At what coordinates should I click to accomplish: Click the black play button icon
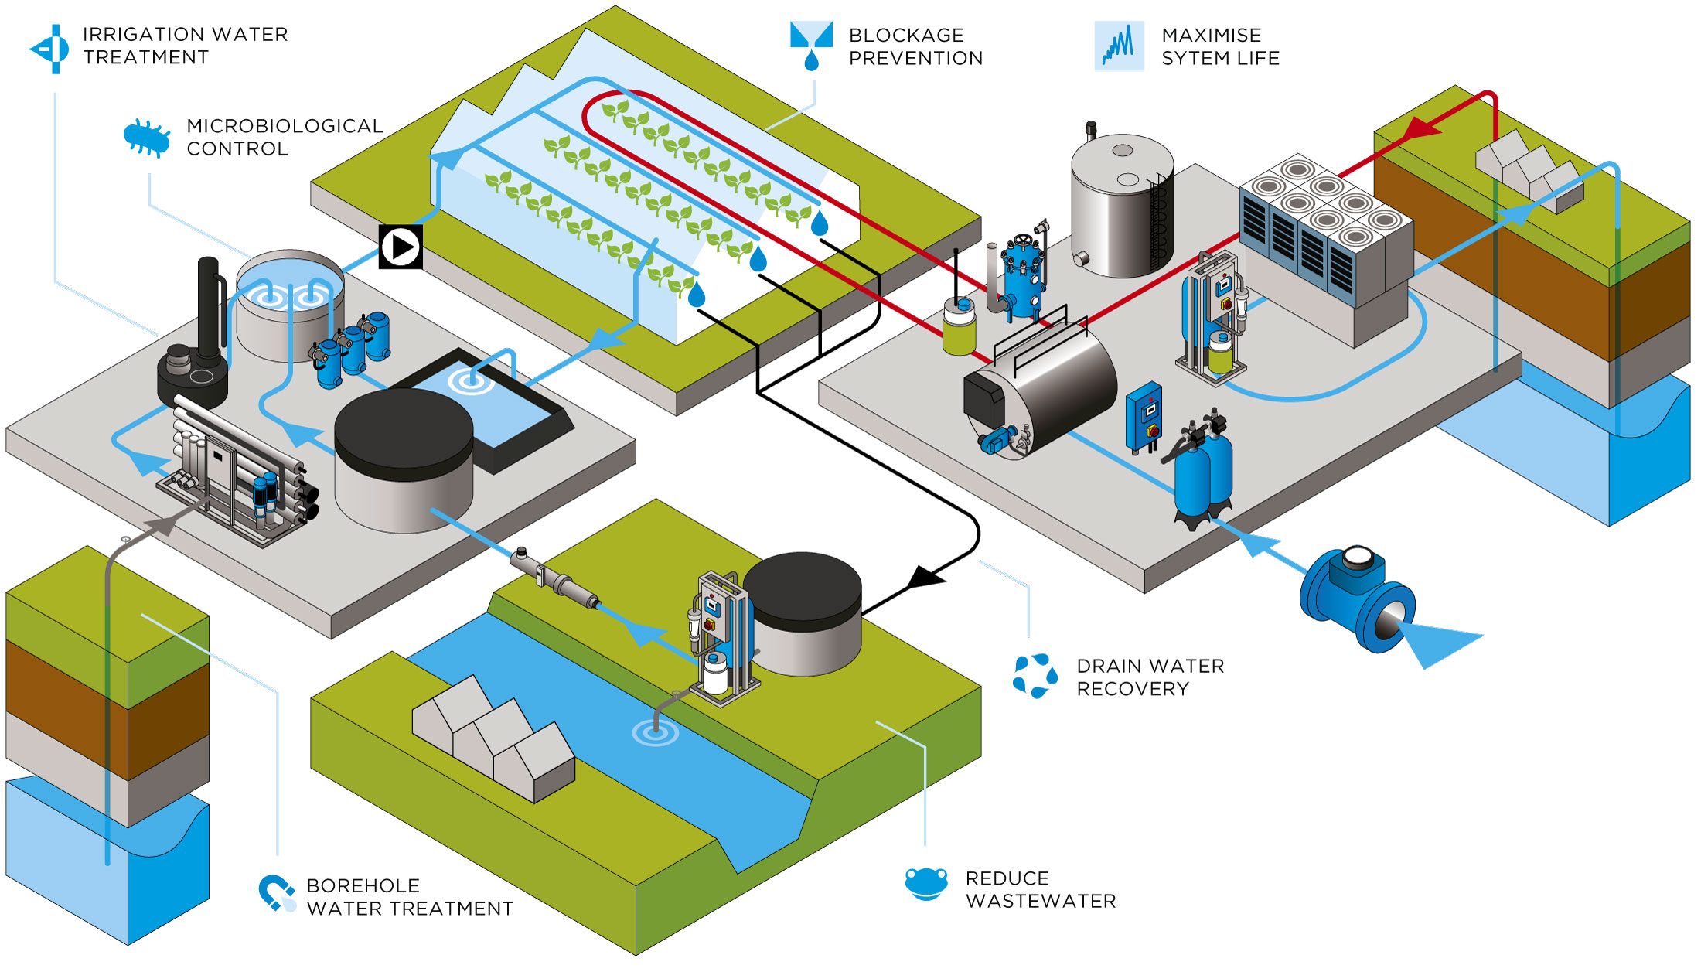pos(401,247)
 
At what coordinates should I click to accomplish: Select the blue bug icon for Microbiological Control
pos(147,138)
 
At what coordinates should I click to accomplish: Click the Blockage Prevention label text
pos(915,46)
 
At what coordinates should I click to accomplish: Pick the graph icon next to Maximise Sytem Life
pos(1118,46)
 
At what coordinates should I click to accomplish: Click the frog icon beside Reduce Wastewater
pos(925,884)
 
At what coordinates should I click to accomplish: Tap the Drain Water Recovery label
pos(1150,677)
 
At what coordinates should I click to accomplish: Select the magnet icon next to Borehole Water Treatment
pos(276,893)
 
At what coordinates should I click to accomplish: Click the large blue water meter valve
pos(1358,599)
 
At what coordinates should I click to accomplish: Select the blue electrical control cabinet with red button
pos(1144,418)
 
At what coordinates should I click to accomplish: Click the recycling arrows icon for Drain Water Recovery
pos(1035,675)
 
